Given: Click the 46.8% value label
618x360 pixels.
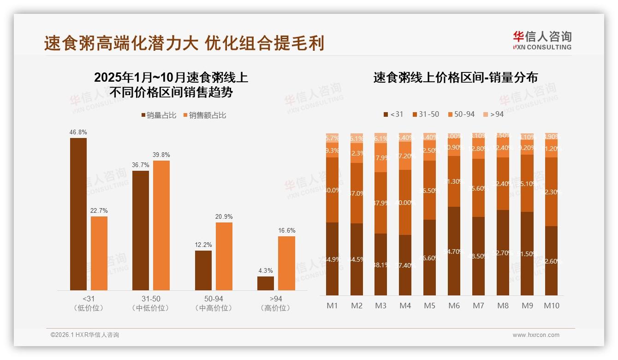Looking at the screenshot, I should point(78,132).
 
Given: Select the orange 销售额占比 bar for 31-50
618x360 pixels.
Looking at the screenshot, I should point(161,225).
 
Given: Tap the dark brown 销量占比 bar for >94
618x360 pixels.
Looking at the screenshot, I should point(266,283).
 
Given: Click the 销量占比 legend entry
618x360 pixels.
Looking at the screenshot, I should point(159,115).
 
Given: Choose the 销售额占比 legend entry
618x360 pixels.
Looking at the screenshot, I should point(205,115).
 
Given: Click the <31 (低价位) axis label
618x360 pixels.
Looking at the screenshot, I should point(89,303).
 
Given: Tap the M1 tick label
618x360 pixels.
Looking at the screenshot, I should point(332,306).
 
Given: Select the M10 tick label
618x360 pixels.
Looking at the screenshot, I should point(552,306).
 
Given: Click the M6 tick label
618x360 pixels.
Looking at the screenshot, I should point(454,306).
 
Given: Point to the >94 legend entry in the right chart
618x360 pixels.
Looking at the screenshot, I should point(493,114).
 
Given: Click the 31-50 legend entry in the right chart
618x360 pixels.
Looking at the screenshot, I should point(425,114).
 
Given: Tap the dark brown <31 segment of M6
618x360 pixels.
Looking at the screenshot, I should point(454,251).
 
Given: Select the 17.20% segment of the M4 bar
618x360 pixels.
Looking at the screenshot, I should point(405,156).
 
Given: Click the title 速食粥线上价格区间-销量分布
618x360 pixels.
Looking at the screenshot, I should point(455,78).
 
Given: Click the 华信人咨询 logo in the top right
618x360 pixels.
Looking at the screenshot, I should point(542,40).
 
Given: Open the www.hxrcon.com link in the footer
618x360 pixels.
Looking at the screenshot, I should point(536,335).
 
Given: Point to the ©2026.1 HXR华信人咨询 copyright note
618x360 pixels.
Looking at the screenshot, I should point(85,335).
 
